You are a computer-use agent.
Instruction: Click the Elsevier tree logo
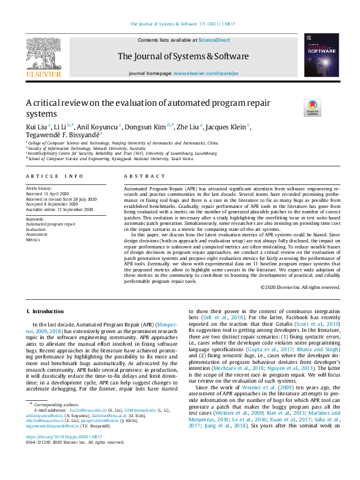coord(44,56)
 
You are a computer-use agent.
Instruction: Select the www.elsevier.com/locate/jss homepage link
coord(205,73)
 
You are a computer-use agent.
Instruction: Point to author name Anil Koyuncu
coord(99,127)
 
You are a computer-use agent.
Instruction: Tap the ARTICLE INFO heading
coord(54,176)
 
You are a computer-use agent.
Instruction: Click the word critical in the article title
coord(53,103)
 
